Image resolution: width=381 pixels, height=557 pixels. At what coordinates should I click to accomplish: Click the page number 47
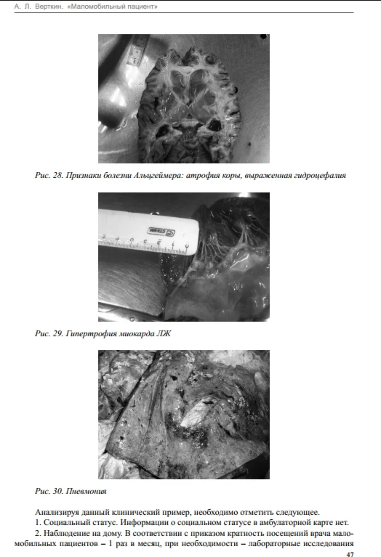tap(350, 554)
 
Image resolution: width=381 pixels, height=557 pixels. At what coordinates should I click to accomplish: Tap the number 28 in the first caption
tap(57, 175)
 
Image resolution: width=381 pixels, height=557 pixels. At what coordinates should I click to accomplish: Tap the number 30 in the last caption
tap(57, 492)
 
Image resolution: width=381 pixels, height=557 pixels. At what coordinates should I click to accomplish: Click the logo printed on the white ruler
tap(161, 231)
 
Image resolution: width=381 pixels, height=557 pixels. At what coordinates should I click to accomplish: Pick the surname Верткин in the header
tap(49, 7)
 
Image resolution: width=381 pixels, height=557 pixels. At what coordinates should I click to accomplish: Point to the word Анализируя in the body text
tap(57, 513)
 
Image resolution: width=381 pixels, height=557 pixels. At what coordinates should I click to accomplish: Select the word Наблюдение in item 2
tap(65, 533)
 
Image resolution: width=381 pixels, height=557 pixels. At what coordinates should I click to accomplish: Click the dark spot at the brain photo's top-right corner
tap(263, 36)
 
